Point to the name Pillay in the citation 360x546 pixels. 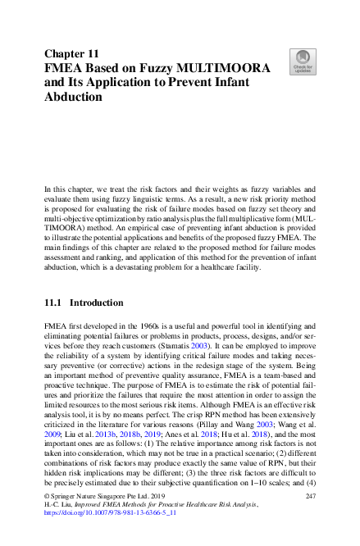pos(207,433)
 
